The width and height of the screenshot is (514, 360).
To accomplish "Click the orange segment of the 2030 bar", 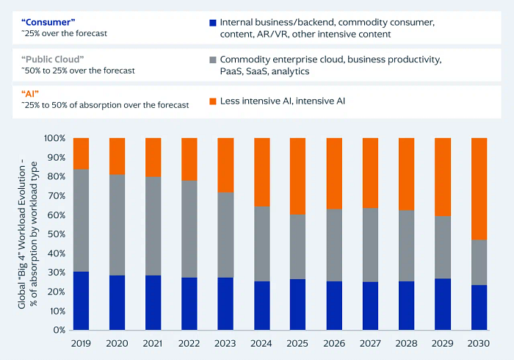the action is pos(479,189).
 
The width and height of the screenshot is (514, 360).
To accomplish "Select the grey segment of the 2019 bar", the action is pos(81,220).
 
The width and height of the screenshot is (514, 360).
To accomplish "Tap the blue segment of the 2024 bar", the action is pos(262,305).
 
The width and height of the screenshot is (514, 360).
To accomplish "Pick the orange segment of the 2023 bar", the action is pos(225,165).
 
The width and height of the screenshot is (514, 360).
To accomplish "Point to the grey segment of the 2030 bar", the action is pos(479,262).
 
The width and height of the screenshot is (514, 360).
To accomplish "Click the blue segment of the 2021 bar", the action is pos(153,302).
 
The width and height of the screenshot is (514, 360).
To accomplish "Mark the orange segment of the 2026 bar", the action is pos(334,173).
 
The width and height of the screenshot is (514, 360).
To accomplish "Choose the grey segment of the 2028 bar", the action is pos(407,245).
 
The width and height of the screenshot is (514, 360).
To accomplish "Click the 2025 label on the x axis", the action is pos(297,343).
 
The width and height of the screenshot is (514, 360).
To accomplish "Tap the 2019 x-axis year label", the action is pos(81,343).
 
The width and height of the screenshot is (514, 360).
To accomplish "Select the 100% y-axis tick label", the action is pos(55,138).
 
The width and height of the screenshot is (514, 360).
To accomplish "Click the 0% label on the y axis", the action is pos(59,330).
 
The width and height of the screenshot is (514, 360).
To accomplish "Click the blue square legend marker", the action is pos(213,23).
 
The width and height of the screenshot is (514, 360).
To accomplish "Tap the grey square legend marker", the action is pos(213,60).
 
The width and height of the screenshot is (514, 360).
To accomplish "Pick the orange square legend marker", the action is pos(213,101).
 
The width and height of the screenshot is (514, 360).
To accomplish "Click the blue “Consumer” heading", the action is pos(48,22).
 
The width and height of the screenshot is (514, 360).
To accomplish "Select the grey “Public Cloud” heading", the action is pos(52,60).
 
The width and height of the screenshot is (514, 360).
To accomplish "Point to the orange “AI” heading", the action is pos(30,94).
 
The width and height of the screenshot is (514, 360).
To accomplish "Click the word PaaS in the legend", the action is pos(231,71).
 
